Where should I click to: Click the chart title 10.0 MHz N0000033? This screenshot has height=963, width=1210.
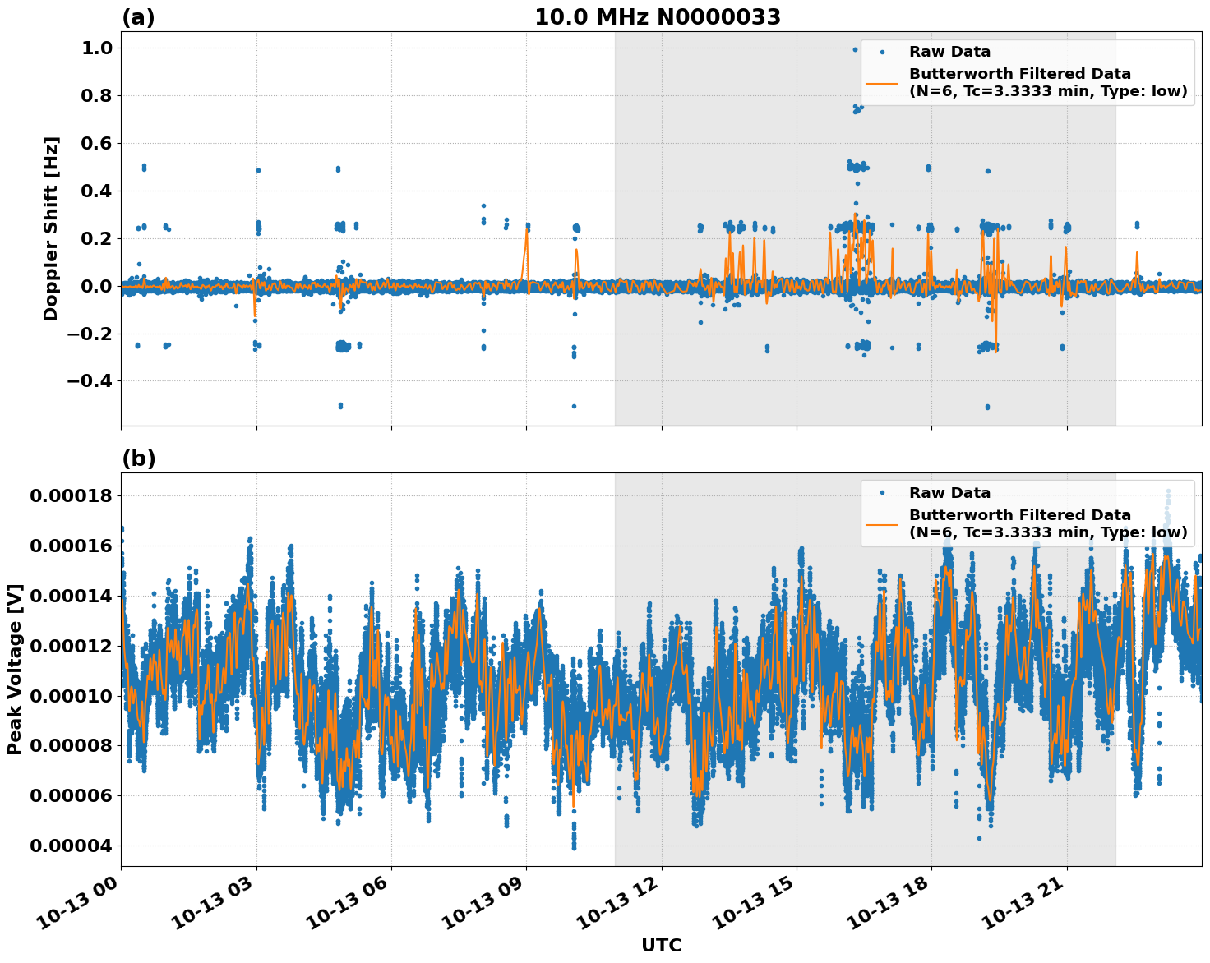coord(657,17)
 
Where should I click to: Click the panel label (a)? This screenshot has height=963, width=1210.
coord(138,17)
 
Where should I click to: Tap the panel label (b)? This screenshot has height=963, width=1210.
coord(138,458)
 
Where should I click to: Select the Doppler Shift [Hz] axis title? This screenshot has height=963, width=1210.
coord(51,228)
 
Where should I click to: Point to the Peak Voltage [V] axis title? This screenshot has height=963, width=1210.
coord(15,669)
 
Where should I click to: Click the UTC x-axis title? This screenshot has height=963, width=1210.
coord(661,945)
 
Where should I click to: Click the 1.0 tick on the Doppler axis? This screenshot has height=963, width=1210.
coord(96,48)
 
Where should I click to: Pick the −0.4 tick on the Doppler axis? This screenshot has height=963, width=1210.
coord(89,381)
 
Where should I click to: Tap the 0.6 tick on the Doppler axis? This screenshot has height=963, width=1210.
coord(96,144)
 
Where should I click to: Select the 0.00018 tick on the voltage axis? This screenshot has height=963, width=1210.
coord(71,495)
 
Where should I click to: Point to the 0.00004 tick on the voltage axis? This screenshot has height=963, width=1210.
coord(71,846)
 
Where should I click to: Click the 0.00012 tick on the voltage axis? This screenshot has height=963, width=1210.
coord(71,646)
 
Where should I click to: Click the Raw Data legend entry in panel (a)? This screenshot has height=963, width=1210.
coord(949,52)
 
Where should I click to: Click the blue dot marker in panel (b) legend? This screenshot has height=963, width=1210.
coord(882,493)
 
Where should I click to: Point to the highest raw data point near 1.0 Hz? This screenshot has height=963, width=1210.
coord(855,49)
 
